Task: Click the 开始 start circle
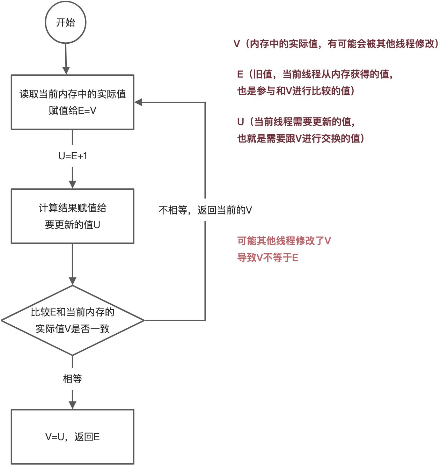point(66,23)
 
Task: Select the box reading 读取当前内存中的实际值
point(73,102)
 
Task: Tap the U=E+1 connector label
point(73,156)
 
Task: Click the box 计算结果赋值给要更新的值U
point(73,216)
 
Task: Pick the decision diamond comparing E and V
point(73,320)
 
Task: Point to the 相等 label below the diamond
point(73,379)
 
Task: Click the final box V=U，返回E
point(73,437)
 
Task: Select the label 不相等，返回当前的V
point(205,210)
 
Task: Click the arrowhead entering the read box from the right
point(138,102)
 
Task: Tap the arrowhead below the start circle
point(66,70)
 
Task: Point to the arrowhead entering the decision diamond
point(73,281)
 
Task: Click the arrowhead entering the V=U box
point(73,405)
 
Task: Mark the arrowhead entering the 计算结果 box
point(73,184)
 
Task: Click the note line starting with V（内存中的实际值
point(336,44)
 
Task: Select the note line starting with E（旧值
point(315,74)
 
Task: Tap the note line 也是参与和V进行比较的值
point(296,91)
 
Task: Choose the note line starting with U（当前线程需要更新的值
point(296,122)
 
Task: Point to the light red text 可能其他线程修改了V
point(284,241)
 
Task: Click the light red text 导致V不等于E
point(267,257)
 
